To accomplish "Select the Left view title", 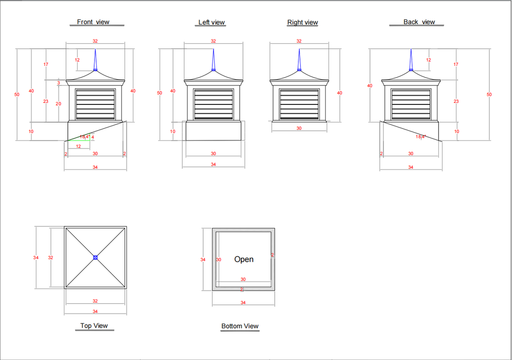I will [x=211, y=23].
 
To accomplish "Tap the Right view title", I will [x=303, y=23].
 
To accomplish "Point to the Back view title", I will [x=419, y=22].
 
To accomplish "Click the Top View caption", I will [x=94, y=326].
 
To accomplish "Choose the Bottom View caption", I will [x=240, y=326].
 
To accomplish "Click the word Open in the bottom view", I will [x=244, y=259].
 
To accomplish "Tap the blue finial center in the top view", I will [x=95, y=257].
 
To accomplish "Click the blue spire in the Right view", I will [x=299, y=60].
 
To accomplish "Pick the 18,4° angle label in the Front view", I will [x=85, y=137].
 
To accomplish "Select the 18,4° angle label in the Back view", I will [x=421, y=137].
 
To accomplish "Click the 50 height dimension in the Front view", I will [x=17, y=95].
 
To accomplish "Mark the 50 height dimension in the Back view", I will [x=489, y=95].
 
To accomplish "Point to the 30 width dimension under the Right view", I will [x=299, y=129].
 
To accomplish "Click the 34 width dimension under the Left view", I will [x=213, y=165].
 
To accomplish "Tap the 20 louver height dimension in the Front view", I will [x=58, y=104].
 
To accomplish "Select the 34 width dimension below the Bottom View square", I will [x=243, y=303].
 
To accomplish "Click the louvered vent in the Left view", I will [x=214, y=104].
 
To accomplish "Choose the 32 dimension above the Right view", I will [x=299, y=41].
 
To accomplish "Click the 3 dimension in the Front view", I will [x=59, y=83].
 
